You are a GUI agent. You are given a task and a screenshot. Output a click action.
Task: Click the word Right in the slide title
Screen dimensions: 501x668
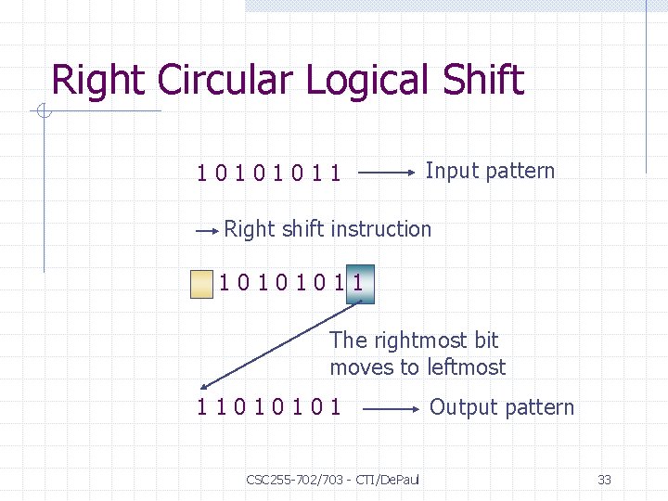pyautogui.click(x=100, y=82)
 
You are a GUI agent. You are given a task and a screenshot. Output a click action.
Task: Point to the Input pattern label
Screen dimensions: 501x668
pyautogui.click(x=489, y=171)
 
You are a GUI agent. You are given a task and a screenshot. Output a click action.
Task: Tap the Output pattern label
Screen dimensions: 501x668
pyautogui.click(x=501, y=407)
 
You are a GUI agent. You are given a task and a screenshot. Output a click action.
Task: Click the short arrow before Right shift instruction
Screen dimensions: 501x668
pyautogui.click(x=208, y=228)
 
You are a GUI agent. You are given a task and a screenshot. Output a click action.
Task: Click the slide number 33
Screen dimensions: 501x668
pyautogui.click(x=604, y=480)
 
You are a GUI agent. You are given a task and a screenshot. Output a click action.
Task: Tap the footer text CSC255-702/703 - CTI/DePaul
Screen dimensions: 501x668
pyautogui.click(x=332, y=480)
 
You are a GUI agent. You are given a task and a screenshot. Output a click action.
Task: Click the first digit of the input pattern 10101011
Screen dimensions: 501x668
pyautogui.click(x=201, y=173)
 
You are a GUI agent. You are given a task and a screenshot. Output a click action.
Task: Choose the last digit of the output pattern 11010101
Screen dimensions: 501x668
pyautogui.click(x=335, y=407)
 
